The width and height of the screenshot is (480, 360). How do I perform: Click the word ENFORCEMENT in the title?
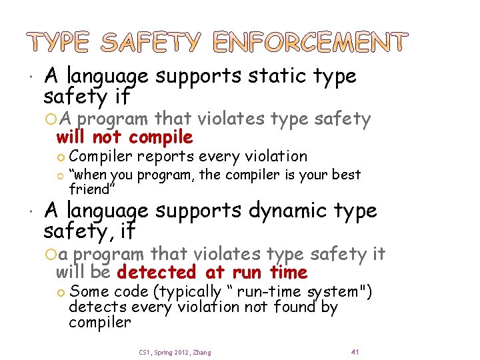[x=309, y=43]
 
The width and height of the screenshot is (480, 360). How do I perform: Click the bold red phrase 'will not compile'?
[x=125, y=138]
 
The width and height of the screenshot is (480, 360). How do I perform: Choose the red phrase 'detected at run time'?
[x=212, y=273]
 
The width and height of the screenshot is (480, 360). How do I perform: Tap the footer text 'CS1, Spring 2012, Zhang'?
[x=175, y=352]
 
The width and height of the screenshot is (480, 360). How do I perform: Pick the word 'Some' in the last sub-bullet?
[x=89, y=292]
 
